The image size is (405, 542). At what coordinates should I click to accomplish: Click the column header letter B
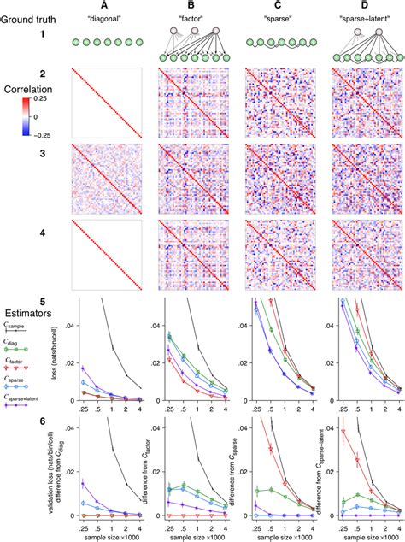pyautogui.click(x=192, y=5)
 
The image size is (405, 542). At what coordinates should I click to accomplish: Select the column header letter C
pyautogui.click(x=279, y=5)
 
